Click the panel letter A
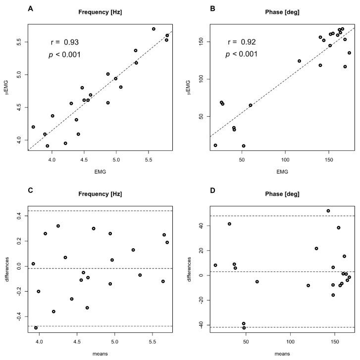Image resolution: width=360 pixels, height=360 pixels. [x=31, y=9]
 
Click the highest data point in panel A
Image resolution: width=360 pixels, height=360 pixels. [x=154, y=29]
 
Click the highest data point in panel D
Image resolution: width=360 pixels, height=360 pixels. [x=328, y=211]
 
